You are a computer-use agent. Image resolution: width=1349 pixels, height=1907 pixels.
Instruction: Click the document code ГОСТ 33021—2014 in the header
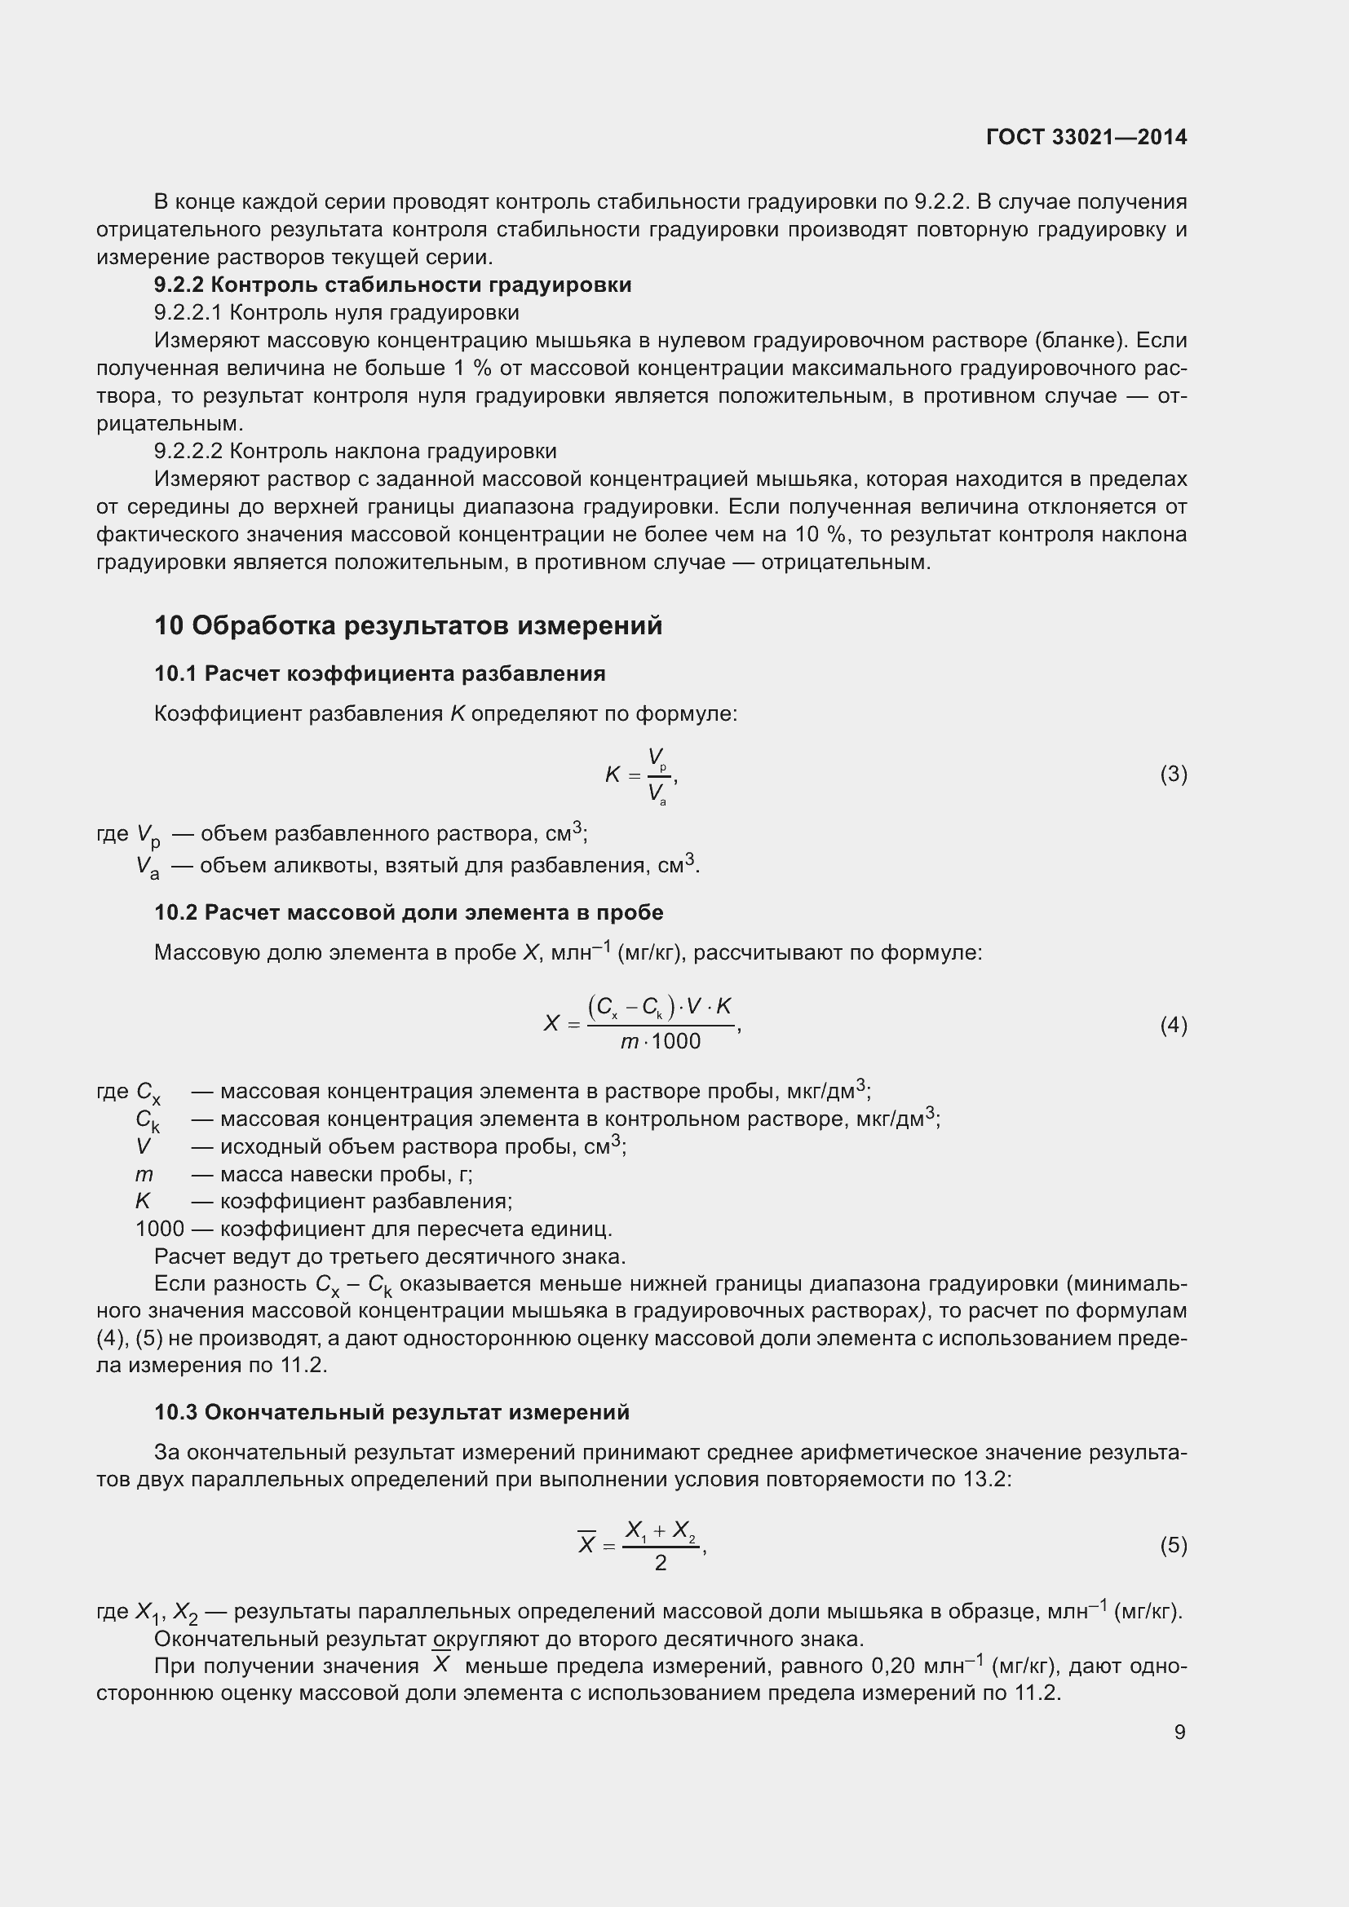(1086, 137)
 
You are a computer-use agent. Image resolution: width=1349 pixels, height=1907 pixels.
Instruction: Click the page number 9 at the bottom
(1179, 1732)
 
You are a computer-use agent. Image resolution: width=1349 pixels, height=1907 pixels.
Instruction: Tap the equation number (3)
(1173, 774)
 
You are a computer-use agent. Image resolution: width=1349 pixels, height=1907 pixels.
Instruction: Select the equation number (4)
(1173, 1025)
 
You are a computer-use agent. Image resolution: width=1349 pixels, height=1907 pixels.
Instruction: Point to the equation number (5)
(1173, 1545)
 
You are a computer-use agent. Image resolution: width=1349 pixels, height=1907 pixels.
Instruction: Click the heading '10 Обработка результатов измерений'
(408, 625)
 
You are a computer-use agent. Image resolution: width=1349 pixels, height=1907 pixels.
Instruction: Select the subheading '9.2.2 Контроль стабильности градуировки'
(392, 285)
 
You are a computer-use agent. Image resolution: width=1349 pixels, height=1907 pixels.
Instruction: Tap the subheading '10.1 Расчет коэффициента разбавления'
(379, 673)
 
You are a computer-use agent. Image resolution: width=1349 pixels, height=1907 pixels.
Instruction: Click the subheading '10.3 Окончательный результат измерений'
(392, 1412)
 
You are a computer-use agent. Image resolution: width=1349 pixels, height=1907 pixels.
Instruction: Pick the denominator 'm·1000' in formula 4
(661, 1041)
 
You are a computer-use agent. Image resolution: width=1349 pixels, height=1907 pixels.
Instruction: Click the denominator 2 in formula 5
(661, 1563)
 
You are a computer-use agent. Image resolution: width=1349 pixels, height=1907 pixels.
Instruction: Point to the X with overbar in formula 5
(586, 1544)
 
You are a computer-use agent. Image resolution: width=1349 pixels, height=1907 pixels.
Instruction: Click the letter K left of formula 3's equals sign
(613, 775)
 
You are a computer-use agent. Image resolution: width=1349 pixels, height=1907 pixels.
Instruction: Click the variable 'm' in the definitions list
(144, 1174)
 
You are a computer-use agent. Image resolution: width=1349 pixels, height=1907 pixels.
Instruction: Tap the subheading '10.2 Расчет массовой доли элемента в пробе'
(409, 913)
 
